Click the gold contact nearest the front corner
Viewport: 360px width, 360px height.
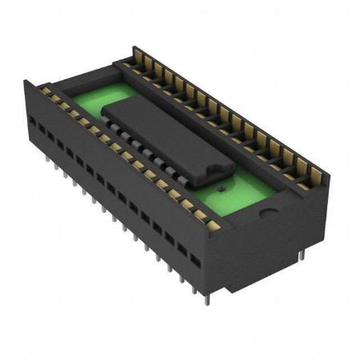(213, 225)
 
